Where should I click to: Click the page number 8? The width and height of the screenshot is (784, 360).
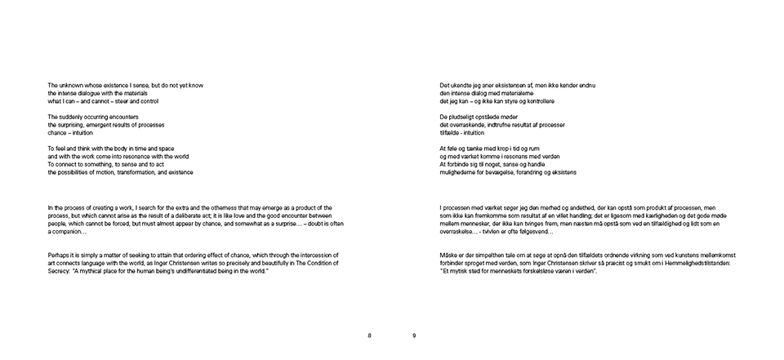pyautogui.click(x=369, y=336)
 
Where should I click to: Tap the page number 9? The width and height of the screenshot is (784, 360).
pyautogui.click(x=414, y=336)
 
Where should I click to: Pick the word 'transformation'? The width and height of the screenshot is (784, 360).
pyautogui.click(x=132, y=172)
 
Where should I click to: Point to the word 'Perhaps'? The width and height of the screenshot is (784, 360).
pyautogui.click(x=59, y=256)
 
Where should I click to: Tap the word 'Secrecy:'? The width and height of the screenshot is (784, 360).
pyautogui.click(x=60, y=271)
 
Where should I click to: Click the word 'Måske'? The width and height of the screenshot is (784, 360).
pyautogui.click(x=449, y=256)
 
